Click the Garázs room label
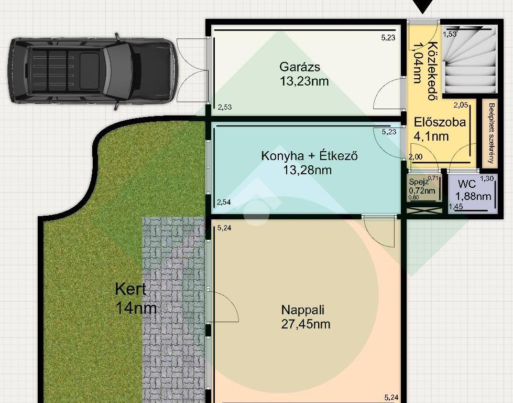(300, 67)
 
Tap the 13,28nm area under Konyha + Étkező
(307, 170)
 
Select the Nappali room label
(303, 310)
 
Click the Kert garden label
(130, 289)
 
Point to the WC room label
(467, 184)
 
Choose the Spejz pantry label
(419, 182)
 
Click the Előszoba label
(440, 122)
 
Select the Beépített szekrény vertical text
(491, 133)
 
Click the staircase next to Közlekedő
(470, 61)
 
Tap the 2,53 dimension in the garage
(225, 107)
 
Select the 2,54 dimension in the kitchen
(224, 202)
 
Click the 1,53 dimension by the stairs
(450, 34)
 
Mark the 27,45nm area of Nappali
(305, 324)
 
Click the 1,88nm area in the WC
(473, 196)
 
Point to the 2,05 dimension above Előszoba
(461, 105)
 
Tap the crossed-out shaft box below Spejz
(424, 210)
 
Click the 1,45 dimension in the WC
(456, 206)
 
